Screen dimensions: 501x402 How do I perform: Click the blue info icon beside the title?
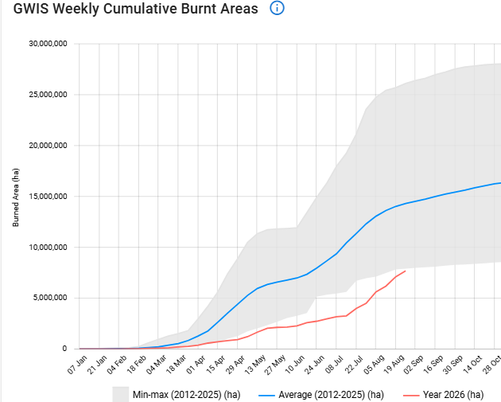[277, 8]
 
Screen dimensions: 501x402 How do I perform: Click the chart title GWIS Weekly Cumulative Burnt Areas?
[135, 9]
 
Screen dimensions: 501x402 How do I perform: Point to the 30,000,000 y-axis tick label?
[48, 44]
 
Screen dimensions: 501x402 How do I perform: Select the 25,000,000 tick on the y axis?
[48, 95]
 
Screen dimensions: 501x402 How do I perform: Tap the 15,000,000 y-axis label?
[48, 196]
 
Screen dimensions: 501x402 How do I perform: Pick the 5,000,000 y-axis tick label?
[50, 298]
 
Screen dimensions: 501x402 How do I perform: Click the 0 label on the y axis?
[64, 349]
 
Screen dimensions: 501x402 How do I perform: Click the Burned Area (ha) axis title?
[16, 197]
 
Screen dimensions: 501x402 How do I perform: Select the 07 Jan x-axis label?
[77, 365]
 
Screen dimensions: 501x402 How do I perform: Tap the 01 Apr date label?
[196, 365]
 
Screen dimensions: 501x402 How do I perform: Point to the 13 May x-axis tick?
[255, 365]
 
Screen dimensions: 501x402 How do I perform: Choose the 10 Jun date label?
[294, 365]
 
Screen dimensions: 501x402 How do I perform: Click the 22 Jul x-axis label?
[354, 365]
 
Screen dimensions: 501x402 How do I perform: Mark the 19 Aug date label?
[394, 365]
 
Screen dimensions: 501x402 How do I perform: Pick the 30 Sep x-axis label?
[452, 365]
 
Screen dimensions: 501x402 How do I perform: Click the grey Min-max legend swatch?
[120, 395]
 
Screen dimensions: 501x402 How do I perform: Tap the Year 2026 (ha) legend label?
[453, 395]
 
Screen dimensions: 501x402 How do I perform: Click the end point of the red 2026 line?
[405, 271]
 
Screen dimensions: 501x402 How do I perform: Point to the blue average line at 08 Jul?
[336, 254]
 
